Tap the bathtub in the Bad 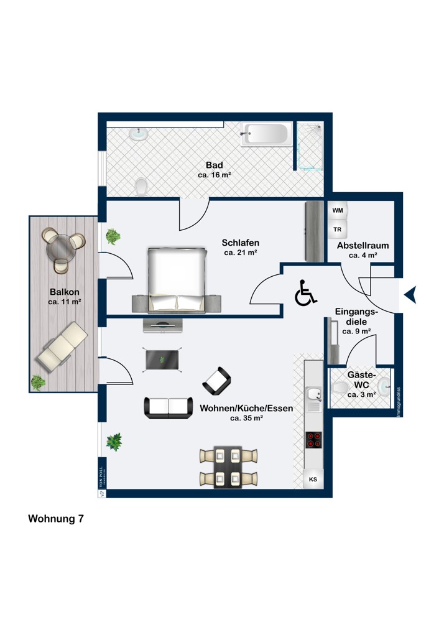266,134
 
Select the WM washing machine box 338,211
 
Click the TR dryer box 338,230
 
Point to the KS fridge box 313,480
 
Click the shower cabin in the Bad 310,146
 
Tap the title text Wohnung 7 56,519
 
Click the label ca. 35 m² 247,419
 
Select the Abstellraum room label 363,246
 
